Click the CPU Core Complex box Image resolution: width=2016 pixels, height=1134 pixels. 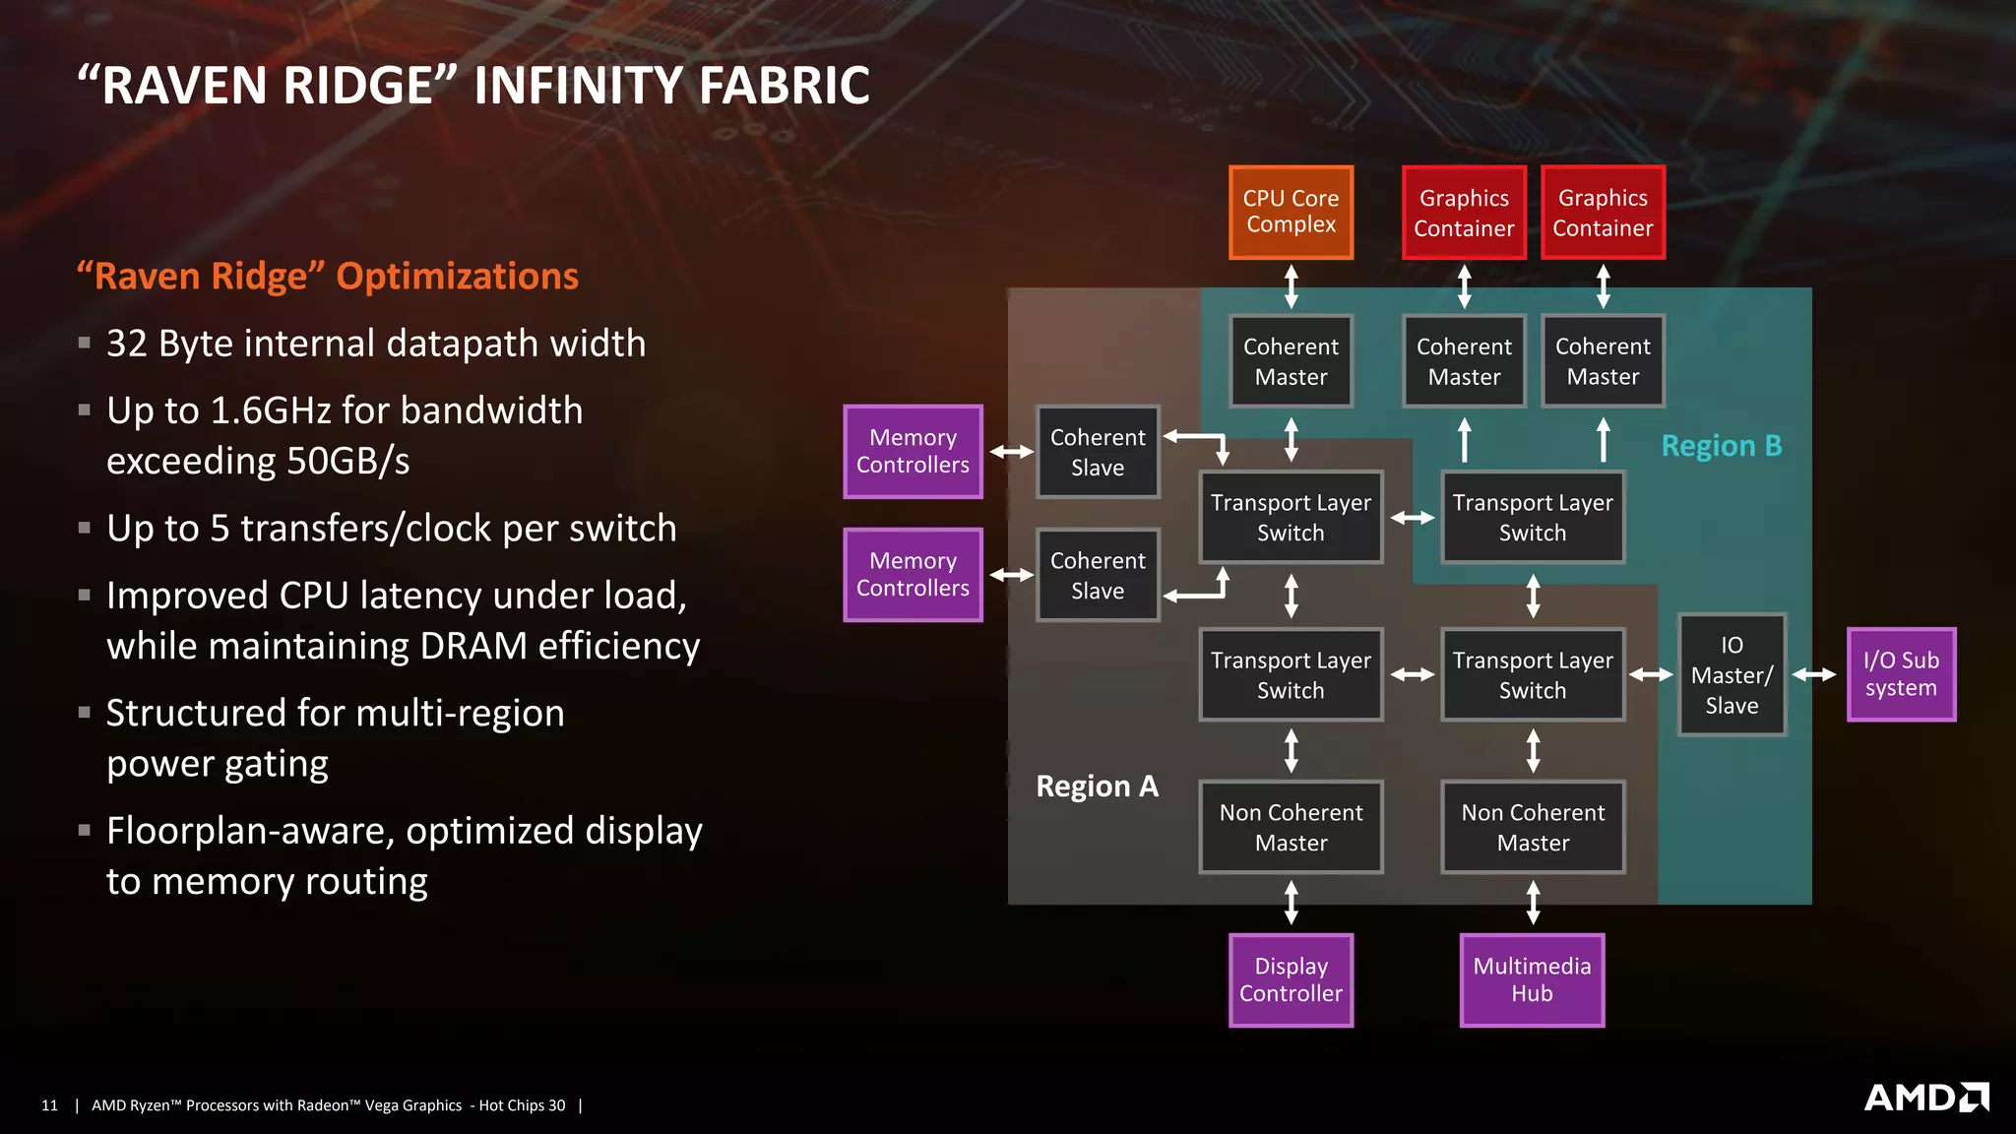click(x=1291, y=212)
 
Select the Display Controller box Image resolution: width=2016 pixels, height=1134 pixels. click(x=1291, y=979)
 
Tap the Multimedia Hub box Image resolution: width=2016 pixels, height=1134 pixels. click(x=1532, y=979)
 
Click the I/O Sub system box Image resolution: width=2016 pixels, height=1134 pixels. click(x=1901, y=674)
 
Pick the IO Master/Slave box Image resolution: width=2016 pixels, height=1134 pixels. click(x=1732, y=674)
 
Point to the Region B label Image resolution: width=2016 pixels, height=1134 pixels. click(x=1722, y=446)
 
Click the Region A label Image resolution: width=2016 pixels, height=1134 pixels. click(x=1097, y=787)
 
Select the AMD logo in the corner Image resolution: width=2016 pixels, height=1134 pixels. click(x=1926, y=1097)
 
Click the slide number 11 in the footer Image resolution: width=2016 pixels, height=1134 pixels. click(x=49, y=1105)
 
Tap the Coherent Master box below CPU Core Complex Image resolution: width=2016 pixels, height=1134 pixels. click(x=1291, y=361)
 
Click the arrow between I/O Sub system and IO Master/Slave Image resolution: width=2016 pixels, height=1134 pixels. click(x=1814, y=674)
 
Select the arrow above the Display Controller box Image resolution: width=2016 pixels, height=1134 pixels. click(x=1291, y=903)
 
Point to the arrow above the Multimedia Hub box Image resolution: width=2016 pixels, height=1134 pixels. click(x=1533, y=903)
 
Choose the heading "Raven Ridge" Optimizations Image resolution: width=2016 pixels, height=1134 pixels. click(x=328, y=277)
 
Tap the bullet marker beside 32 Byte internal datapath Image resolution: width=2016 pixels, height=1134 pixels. click(x=85, y=344)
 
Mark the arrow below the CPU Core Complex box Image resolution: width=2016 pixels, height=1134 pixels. click(x=1291, y=286)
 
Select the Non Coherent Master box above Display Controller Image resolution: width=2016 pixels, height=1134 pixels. click(x=1291, y=827)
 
